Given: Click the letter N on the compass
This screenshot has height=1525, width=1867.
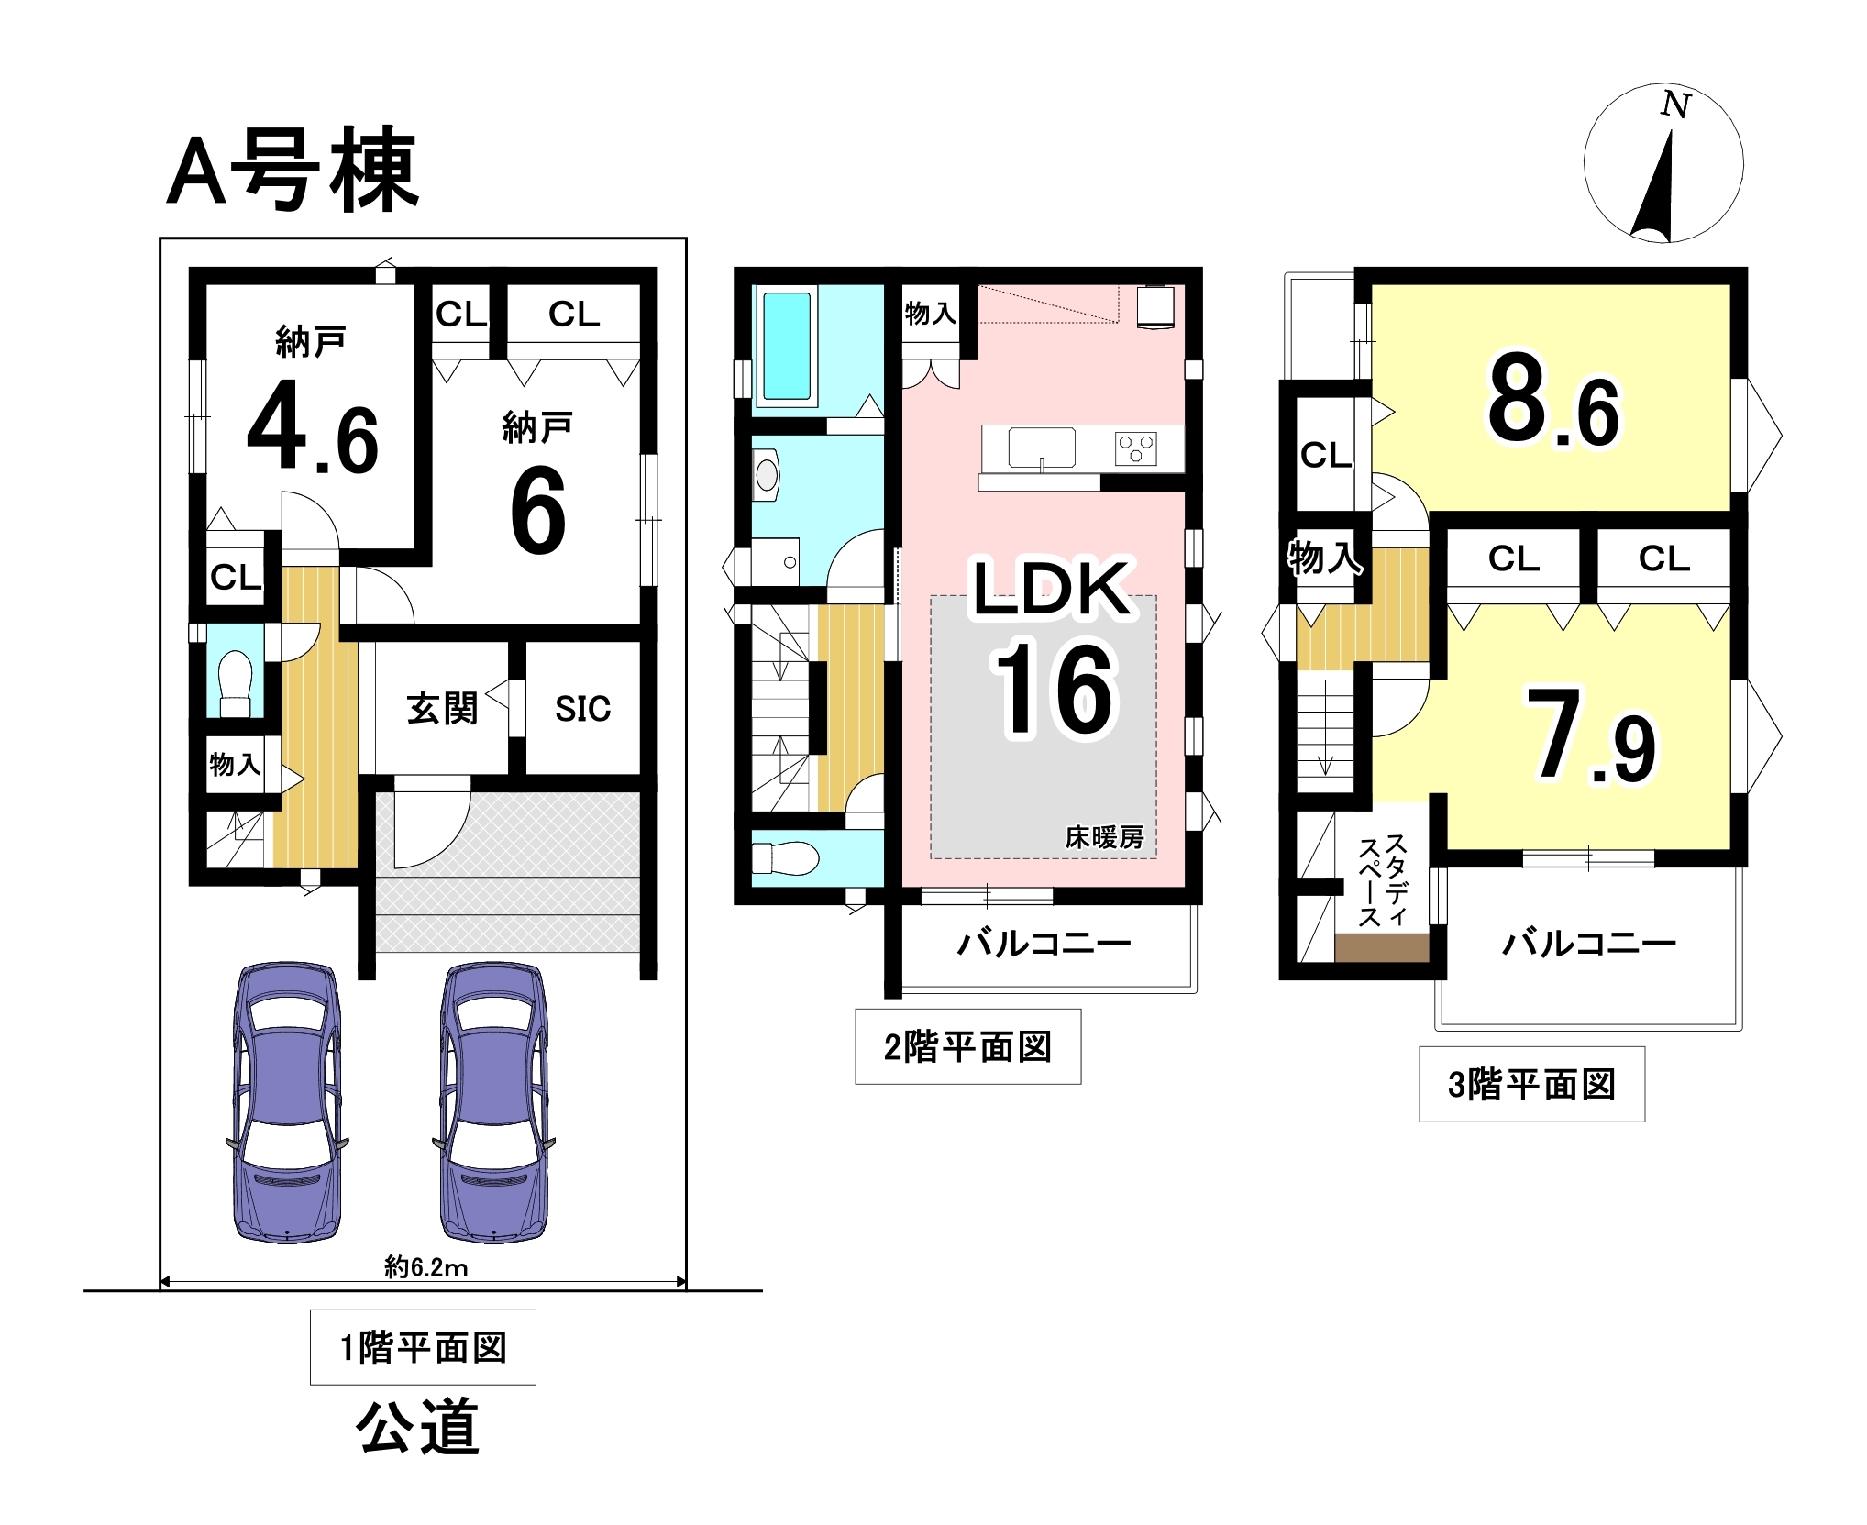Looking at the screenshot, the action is tap(1675, 105).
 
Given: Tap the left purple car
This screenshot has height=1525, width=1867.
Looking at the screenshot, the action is tap(288, 1102).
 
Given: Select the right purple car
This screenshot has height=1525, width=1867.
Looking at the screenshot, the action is tap(494, 1102).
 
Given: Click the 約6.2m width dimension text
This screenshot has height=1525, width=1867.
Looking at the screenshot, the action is tap(425, 1267).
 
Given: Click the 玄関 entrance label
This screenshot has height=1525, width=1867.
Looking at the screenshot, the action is tap(442, 708).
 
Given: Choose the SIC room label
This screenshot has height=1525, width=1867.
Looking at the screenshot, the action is tap(582, 708).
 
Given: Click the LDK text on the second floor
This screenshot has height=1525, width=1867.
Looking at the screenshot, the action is tap(1051, 588).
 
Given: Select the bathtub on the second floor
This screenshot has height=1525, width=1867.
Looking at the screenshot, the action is tap(787, 346).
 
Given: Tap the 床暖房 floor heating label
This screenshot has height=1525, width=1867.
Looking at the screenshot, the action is tap(1104, 837).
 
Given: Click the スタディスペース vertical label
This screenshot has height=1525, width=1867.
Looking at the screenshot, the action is tap(1383, 880).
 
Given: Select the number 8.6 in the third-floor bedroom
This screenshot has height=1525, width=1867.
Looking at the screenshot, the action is tap(1553, 402).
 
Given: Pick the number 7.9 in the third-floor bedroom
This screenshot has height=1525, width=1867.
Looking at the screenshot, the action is tap(1590, 736).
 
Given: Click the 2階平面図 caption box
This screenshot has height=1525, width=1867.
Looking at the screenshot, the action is tap(967, 1046).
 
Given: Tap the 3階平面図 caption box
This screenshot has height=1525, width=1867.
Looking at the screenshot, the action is tap(1531, 1084).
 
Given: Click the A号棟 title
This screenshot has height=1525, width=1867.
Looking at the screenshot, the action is tap(293, 171).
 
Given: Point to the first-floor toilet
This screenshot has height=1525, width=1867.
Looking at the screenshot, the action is tap(236, 682).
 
